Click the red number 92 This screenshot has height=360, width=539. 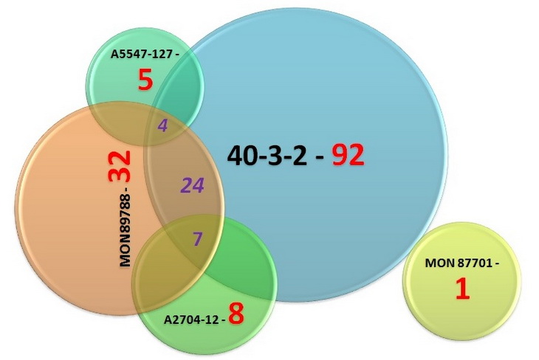point(348,154)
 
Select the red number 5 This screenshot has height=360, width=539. point(145,80)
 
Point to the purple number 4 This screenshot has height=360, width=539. point(162,125)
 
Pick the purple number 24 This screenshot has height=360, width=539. point(193,185)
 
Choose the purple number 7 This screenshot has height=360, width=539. point(196,238)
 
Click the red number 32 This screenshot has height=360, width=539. point(119,167)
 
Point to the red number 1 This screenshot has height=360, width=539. point(461,288)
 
